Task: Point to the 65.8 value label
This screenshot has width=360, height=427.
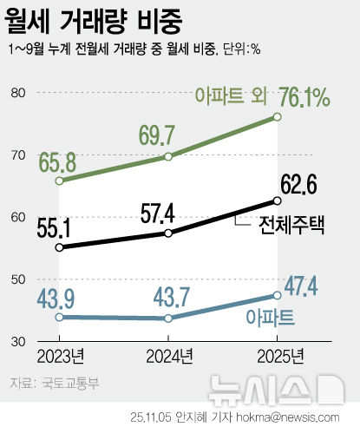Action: click(x=57, y=161)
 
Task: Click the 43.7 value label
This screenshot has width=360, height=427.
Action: click(x=167, y=298)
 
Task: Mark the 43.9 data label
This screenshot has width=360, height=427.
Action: click(x=56, y=298)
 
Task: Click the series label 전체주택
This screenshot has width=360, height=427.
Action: click(x=291, y=225)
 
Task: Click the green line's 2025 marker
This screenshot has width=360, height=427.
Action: click(x=278, y=116)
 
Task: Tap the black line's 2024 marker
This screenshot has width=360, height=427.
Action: click(x=167, y=233)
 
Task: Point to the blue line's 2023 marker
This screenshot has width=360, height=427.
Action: click(x=58, y=318)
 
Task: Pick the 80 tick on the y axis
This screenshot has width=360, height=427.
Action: click(x=18, y=93)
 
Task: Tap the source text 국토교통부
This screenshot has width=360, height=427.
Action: click(x=60, y=381)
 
